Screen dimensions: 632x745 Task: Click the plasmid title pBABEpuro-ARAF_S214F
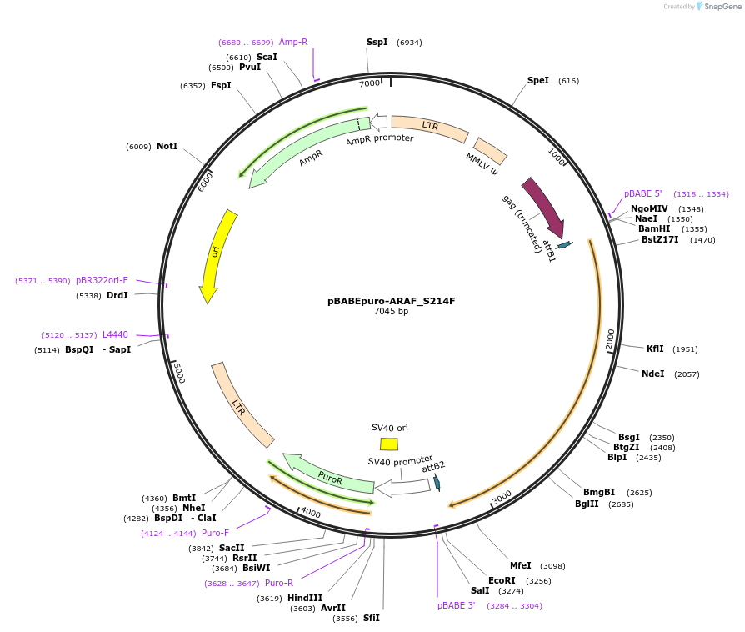pyautogui.click(x=391, y=301)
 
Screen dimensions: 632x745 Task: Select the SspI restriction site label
pyautogui.click(x=377, y=42)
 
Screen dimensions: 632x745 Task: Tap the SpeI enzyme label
pyautogui.click(x=537, y=80)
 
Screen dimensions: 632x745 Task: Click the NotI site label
pyautogui.click(x=167, y=146)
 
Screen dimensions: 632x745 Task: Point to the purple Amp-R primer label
pyautogui.click(x=293, y=42)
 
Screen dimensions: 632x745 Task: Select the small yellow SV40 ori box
pyautogui.click(x=389, y=444)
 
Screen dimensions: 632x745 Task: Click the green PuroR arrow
pyautogui.click(x=328, y=475)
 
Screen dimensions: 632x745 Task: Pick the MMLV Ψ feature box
pyautogui.click(x=490, y=151)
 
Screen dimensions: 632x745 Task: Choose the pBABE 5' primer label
pyautogui.click(x=642, y=193)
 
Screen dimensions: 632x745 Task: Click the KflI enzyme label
pyautogui.click(x=655, y=349)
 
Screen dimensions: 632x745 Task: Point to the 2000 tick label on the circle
pyautogui.click(x=610, y=339)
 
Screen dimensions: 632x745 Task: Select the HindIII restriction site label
pyautogui.click(x=305, y=598)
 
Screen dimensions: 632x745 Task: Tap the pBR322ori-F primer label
pyautogui.click(x=102, y=280)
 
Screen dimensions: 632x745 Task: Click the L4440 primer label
pyautogui.click(x=115, y=334)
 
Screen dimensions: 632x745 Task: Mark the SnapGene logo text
pyautogui.click(x=722, y=7)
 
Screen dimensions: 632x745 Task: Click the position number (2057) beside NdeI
pyautogui.click(x=687, y=374)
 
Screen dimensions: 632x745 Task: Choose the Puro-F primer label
pyautogui.click(x=215, y=533)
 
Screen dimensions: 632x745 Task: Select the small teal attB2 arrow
pyautogui.click(x=437, y=482)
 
